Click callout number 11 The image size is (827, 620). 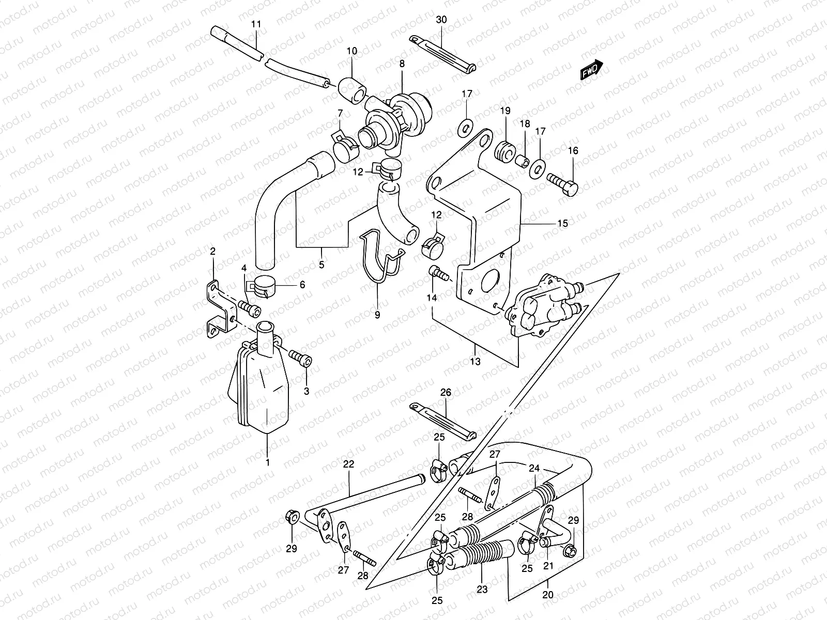pos(256,24)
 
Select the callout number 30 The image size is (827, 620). pos(441,20)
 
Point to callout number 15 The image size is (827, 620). pos(562,223)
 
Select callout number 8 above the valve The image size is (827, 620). pos(402,64)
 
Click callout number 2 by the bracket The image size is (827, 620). pos(212,252)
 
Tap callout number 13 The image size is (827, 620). pos(475,362)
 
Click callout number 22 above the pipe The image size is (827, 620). pos(348,464)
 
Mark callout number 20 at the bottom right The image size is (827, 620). pos(548,595)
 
